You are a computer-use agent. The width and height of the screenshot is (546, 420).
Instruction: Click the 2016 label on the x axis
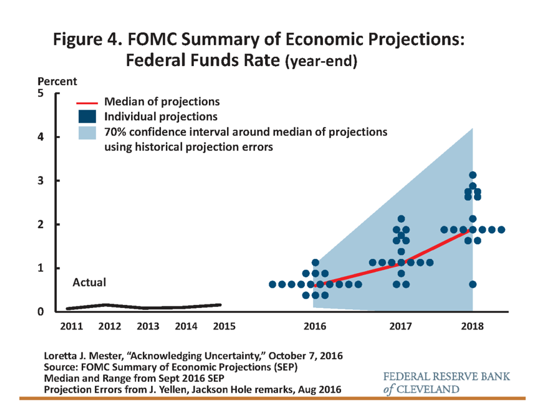(x=315, y=326)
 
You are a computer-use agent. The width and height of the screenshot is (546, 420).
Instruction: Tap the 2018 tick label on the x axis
(x=473, y=326)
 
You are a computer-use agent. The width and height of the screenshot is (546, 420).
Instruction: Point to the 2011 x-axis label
(x=72, y=326)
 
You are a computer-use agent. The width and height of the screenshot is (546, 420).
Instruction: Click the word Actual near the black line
(x=89, y=283)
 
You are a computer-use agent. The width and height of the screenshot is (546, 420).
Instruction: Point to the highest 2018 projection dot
(x=472, y=175)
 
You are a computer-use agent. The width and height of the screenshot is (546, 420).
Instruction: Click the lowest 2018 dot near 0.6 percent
(x=472, y=284)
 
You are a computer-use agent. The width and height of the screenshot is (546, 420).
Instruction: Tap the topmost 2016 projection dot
(x=315, y=263)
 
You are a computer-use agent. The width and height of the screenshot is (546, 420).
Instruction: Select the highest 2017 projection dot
(x=401, y=219)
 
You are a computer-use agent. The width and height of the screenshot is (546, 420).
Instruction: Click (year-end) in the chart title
(x=321, y=62)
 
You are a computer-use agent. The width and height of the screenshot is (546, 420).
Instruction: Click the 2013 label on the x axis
(x=149, y=326)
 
